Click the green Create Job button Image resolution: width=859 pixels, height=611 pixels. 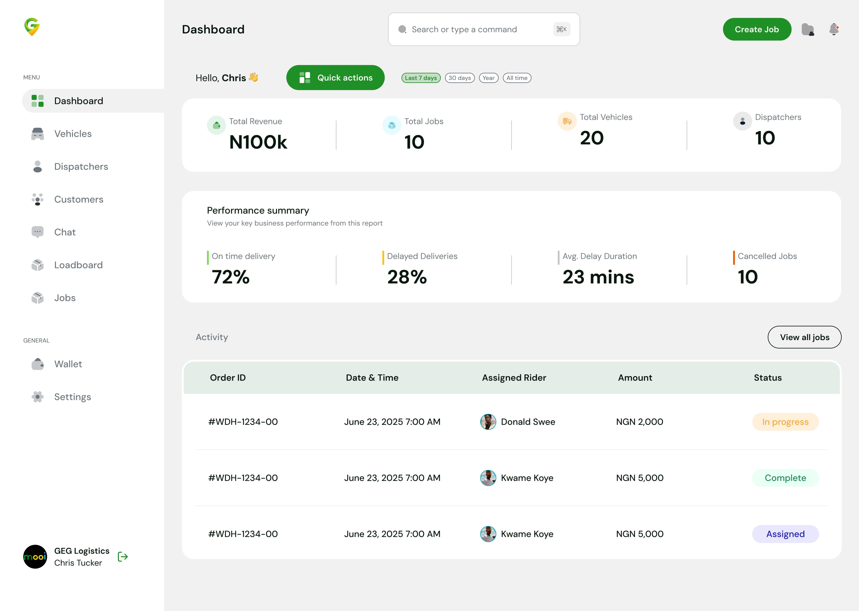pos(757,29)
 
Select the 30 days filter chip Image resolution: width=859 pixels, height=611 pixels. pos(460,78)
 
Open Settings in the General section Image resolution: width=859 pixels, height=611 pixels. pos(72,397)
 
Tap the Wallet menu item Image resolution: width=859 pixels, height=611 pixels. pos(68,364)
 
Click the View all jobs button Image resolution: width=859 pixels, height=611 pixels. pos(804,337)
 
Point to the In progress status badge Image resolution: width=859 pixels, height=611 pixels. pos(785,422)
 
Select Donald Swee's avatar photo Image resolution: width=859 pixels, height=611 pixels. pos(488,422)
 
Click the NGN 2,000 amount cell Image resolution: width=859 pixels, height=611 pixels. pos(639,422)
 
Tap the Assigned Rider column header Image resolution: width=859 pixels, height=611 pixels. pos(514,378)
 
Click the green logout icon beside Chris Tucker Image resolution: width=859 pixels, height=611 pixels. pos(123,557)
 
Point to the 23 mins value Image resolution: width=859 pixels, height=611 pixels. pos(598,277)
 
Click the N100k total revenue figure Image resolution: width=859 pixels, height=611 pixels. pos(258,142)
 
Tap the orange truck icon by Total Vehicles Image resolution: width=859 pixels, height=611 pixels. pos(567,121)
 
